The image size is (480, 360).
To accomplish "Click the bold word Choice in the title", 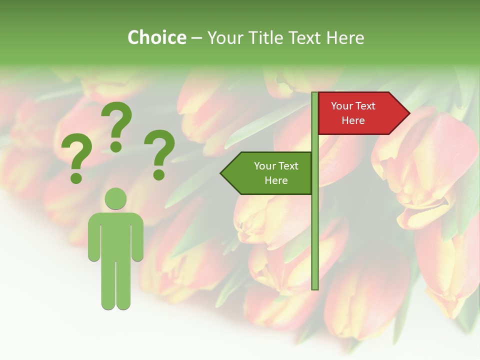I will tap(156, 37).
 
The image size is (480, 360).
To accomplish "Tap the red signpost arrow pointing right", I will tap(360, 113).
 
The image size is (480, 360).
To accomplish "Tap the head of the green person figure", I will tap(115, 198).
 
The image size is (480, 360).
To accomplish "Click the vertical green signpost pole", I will tap(315, 225).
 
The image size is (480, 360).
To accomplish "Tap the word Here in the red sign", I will tap(353, 120).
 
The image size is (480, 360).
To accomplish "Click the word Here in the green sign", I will tap(276, 180).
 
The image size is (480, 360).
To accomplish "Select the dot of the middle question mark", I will tap(116, 147).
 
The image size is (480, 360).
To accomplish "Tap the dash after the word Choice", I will tap(196, 38).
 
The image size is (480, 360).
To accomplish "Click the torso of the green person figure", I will tap(115, 232).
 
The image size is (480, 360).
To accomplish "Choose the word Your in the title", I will tap(224, 37).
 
